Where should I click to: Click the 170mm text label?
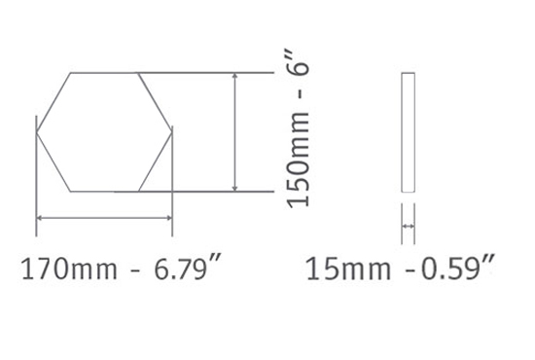coord(69,270)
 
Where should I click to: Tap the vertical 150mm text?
coord(299,160)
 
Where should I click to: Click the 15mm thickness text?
coord(348,270)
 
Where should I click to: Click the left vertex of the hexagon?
coord(36,132)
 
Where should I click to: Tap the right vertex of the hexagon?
coord(171,132)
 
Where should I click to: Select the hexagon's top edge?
coord(104,73)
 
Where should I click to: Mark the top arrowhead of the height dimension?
coord(234,76)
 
